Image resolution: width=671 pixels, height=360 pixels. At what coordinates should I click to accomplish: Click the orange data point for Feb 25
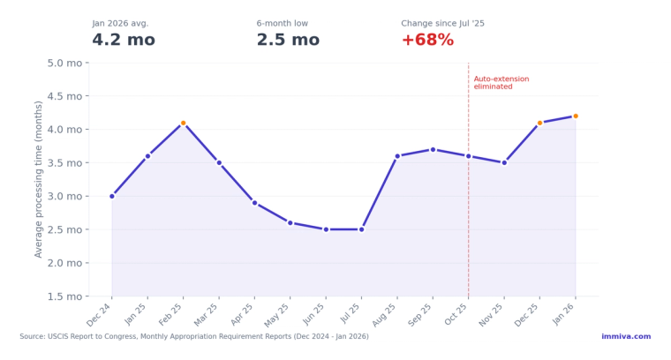click(x=183, y=123)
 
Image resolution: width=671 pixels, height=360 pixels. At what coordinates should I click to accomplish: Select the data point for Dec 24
click(x=112, y=196)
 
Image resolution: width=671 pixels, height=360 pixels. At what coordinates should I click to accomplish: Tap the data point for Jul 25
click(x=361, y=229)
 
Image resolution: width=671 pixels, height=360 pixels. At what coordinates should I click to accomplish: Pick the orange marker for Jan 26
click(x=576, y=116)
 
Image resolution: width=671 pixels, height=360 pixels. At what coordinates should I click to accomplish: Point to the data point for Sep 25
click(x=433, y=149)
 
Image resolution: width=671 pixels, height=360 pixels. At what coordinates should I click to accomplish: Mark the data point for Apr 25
click(x=254, y=203)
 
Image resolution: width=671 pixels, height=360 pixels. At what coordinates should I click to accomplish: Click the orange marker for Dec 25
click(x=539, y=123)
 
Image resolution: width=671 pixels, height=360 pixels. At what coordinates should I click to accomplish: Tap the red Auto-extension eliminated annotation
click(x=501, y=83)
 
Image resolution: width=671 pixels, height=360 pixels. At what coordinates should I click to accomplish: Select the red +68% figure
click(x=427, y=41)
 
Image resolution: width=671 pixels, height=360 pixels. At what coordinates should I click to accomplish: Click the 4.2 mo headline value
click(x=124, y=41)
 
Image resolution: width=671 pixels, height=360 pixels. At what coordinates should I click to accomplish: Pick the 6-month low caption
click(x=283, y=24)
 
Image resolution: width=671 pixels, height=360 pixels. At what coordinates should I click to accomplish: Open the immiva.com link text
click(x=626, y=336)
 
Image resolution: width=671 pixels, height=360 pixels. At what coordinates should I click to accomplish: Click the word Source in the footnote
click(x=33, y=336)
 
